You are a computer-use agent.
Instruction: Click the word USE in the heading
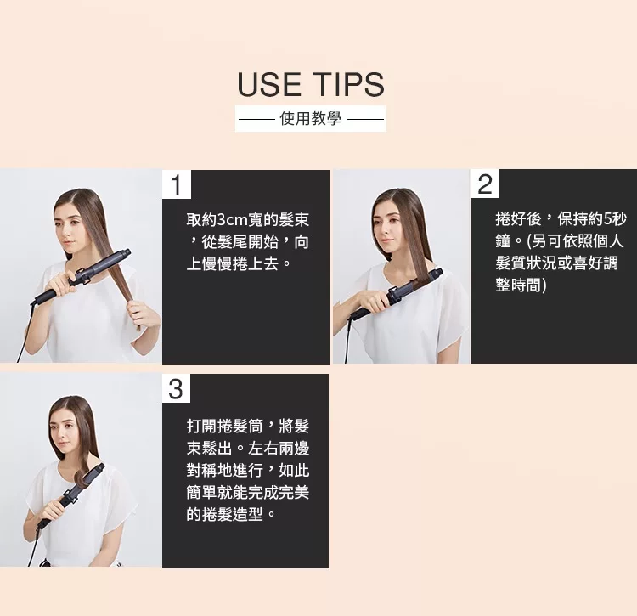pos(268,84)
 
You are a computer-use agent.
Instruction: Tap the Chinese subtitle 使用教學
pos(310,119)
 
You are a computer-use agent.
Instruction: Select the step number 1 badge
pos(177,184)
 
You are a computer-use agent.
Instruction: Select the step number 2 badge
pos(485,184)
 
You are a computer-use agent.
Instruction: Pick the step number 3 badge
pos(176,388)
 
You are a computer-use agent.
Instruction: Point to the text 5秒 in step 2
pos(615,219)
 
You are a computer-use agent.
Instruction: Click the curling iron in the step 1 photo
pos(82,275)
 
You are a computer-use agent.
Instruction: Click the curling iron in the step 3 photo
pos(71,495)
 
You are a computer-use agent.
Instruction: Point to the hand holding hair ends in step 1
pos(143,313)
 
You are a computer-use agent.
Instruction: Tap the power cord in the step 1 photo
pos(25,333)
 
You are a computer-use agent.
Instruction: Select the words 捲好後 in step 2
pos(518,219)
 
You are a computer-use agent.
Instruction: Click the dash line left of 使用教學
pos(256,120)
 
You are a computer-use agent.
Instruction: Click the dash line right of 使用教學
pos(365,120)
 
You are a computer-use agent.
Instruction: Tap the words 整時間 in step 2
pos(518,285)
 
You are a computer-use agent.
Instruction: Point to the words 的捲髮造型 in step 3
pos(225,514)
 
